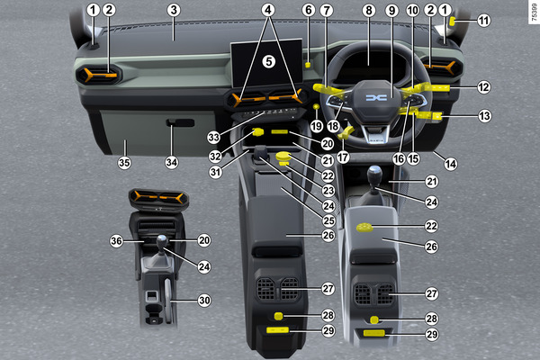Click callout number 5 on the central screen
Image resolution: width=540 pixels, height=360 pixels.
268,62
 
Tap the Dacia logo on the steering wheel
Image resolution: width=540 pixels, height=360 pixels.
376,98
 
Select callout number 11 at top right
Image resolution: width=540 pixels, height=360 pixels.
483,21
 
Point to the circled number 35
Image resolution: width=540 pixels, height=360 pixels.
124,162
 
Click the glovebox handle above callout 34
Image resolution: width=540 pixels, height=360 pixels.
180,122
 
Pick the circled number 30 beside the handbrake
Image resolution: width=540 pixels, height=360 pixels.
204,301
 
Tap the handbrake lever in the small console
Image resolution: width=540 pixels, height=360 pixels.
168,301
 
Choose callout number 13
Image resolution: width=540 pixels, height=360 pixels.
484,116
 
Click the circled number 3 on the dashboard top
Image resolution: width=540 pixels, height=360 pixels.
174,10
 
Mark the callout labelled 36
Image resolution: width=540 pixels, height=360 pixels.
116,241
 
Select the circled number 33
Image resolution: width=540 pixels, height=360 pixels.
213,138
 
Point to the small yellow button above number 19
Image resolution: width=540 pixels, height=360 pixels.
316,107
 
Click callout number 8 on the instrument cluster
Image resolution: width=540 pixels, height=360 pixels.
369,10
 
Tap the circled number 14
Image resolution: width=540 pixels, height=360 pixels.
451,164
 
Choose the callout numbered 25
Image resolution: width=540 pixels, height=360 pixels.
328,220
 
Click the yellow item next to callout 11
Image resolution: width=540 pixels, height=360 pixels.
453,22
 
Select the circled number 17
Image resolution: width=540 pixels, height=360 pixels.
343,157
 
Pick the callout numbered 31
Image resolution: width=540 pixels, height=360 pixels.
215,171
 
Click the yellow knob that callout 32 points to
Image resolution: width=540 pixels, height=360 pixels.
257,131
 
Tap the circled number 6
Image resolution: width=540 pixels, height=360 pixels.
309,10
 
